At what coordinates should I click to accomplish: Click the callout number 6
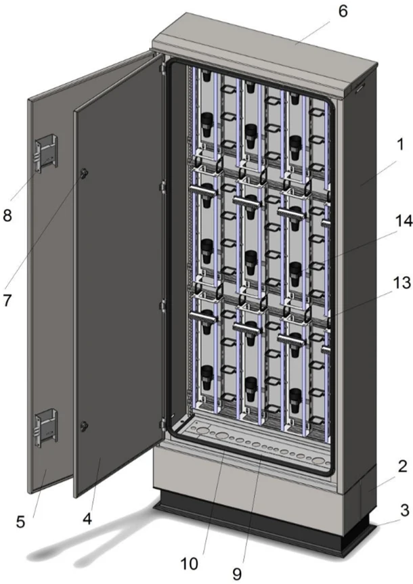[343, 12]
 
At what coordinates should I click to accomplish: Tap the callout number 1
[400, 145]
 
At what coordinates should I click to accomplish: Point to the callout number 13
[401, 283]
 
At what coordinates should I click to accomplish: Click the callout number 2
[403, 466]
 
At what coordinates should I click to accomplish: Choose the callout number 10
[190, 564]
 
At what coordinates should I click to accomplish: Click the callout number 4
[87, 519]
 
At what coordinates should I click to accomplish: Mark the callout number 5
[20, 522]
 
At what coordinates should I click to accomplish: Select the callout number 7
[7, 300]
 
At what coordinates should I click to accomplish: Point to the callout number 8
[7, 215]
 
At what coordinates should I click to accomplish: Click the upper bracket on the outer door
[46, 154]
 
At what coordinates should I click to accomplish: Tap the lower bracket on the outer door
[46, 428]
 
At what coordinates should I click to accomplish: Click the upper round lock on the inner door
[83, 172]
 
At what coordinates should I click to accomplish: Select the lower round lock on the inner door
[84, 425]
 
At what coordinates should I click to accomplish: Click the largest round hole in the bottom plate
[202, 432]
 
